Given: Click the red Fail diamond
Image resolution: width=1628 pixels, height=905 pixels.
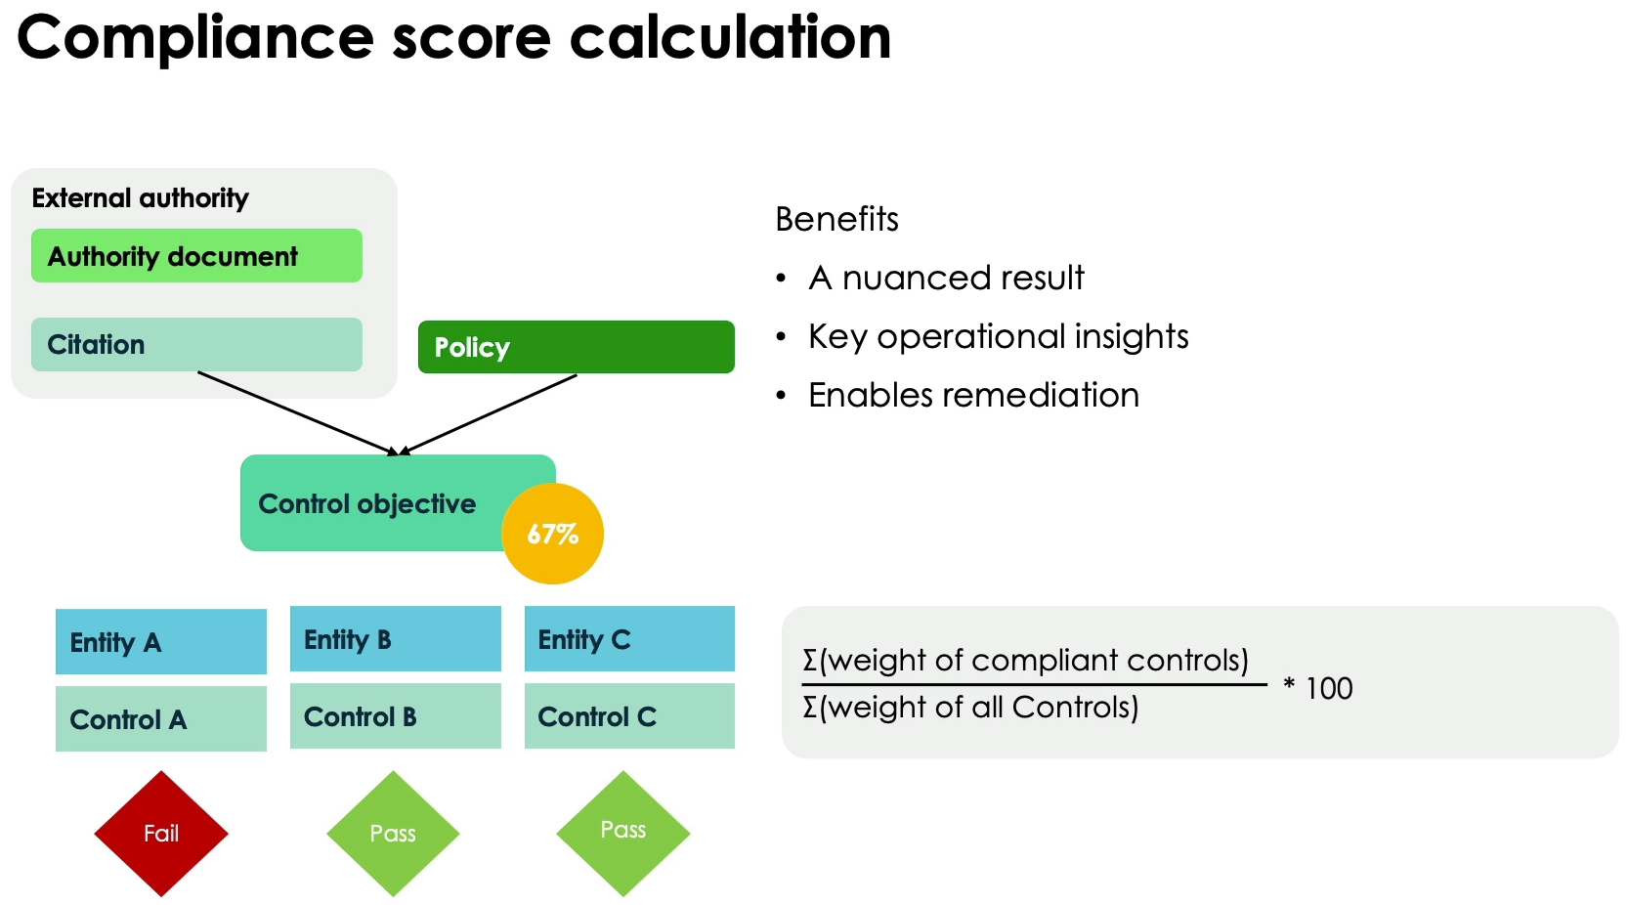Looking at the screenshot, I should pyautogui.click(x=161, y=834).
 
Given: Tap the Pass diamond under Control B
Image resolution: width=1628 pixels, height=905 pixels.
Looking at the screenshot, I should pyautogui.click(x=393, y=834).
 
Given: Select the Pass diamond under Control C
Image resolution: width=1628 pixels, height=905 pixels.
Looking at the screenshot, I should pyautogui.click(x=623, y=833).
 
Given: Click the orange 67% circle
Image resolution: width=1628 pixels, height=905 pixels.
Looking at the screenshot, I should pyautogui.click(x=553, y=534).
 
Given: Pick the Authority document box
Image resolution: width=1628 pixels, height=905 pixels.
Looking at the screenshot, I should pyautogui.click(x=196, y=256).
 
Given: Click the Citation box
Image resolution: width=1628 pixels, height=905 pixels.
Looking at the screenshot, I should pyautogui.click(x=196, y=344).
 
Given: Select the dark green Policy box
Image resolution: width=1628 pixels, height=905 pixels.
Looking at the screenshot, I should pyautogui.click(x=576, y=347).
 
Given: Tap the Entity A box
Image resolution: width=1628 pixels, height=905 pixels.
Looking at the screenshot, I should pyautogui.click(x=161, y=642).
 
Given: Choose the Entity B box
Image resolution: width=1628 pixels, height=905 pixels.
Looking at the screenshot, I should pyautogui.click(x=396, y=639).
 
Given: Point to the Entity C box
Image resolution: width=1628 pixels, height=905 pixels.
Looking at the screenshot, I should pyautogui.click(x=629, y=639).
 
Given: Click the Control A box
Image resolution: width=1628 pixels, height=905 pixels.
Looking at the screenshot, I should pyautogui.click(x=161, y=719).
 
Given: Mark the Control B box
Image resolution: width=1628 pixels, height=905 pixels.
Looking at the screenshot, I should pyautogui.click(x=396, y=716).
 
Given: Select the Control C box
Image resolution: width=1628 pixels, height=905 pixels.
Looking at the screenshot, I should pyautogui.click(x=629, y=716).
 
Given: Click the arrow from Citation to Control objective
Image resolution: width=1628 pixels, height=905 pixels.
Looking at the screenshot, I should pyautogui.click(x=293, y=411).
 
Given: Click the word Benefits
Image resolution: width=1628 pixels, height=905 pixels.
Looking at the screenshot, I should pyautogui.click(x=836, y=219).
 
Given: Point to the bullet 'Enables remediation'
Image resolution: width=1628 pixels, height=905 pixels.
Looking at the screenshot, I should pyautogui.click(x=973, y=395).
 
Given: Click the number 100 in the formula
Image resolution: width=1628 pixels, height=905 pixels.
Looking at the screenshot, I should pyautogui.click(x=1329, y=688).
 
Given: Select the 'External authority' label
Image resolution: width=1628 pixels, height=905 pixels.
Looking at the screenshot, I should pyautogui.click(x=140, y=198).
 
